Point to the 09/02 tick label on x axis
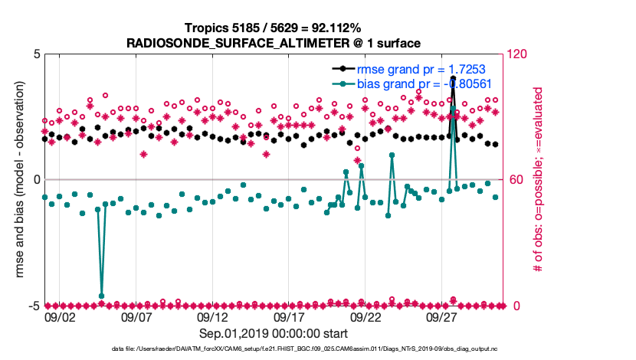click(60, 316)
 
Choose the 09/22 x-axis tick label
click(366, 316)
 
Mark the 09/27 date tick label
click(442, 316)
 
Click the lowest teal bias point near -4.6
click(101, 296)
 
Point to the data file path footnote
click(274, 349)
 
